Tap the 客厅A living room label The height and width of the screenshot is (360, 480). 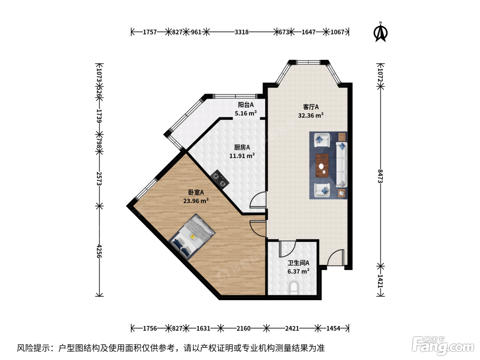(311, 107)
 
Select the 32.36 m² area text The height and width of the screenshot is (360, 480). (311, 115)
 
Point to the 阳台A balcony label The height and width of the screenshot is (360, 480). (246, 105)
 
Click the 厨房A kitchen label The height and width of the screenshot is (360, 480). (242, 147)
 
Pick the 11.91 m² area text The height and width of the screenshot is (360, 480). (242, 156)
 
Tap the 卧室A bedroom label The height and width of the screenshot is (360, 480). (196, 192)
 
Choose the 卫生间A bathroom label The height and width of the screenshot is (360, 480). (298, 263)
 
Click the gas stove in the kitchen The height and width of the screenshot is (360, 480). (220, 179)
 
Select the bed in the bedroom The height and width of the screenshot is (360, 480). (192, 237)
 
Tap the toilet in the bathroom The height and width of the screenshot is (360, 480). (293, 288)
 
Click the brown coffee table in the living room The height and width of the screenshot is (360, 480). (322, 166)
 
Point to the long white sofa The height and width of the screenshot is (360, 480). (341, 164)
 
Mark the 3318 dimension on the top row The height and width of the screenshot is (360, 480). (241, 32)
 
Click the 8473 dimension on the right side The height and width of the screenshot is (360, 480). (381, 176)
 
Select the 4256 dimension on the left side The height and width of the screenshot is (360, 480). (99, 251)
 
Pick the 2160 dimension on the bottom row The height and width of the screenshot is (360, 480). (243, 328)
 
